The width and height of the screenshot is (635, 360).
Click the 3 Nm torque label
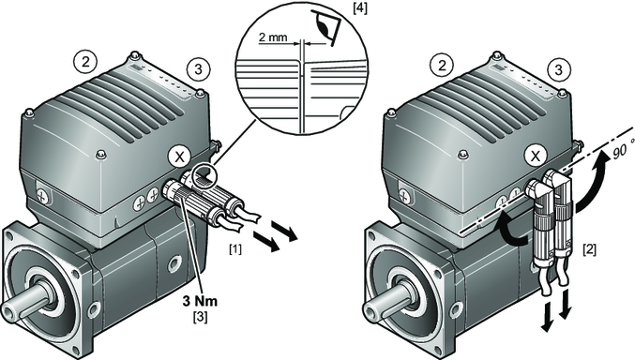coord(200,301)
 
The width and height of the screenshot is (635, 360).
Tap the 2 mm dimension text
coord(273,37)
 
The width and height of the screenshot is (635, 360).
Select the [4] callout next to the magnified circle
coord(360,8)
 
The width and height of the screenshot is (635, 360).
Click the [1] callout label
coord(234,248)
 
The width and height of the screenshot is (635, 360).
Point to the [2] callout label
coord(589,249)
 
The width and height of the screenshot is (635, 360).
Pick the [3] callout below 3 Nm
coord(200,316)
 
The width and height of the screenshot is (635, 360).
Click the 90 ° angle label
coord(621,151)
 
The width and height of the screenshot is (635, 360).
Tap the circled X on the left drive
coord(179,157)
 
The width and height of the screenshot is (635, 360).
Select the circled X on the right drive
coord(536,156)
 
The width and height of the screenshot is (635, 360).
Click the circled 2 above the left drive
coord(85,63)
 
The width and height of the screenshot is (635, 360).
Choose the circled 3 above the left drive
coord(199,69)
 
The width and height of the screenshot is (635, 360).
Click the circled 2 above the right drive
coord(442,66)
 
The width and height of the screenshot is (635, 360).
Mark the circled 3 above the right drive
coord(558,70)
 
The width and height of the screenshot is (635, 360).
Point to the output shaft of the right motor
coord(383,304)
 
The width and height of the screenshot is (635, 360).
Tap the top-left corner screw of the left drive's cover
coord(28,112)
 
